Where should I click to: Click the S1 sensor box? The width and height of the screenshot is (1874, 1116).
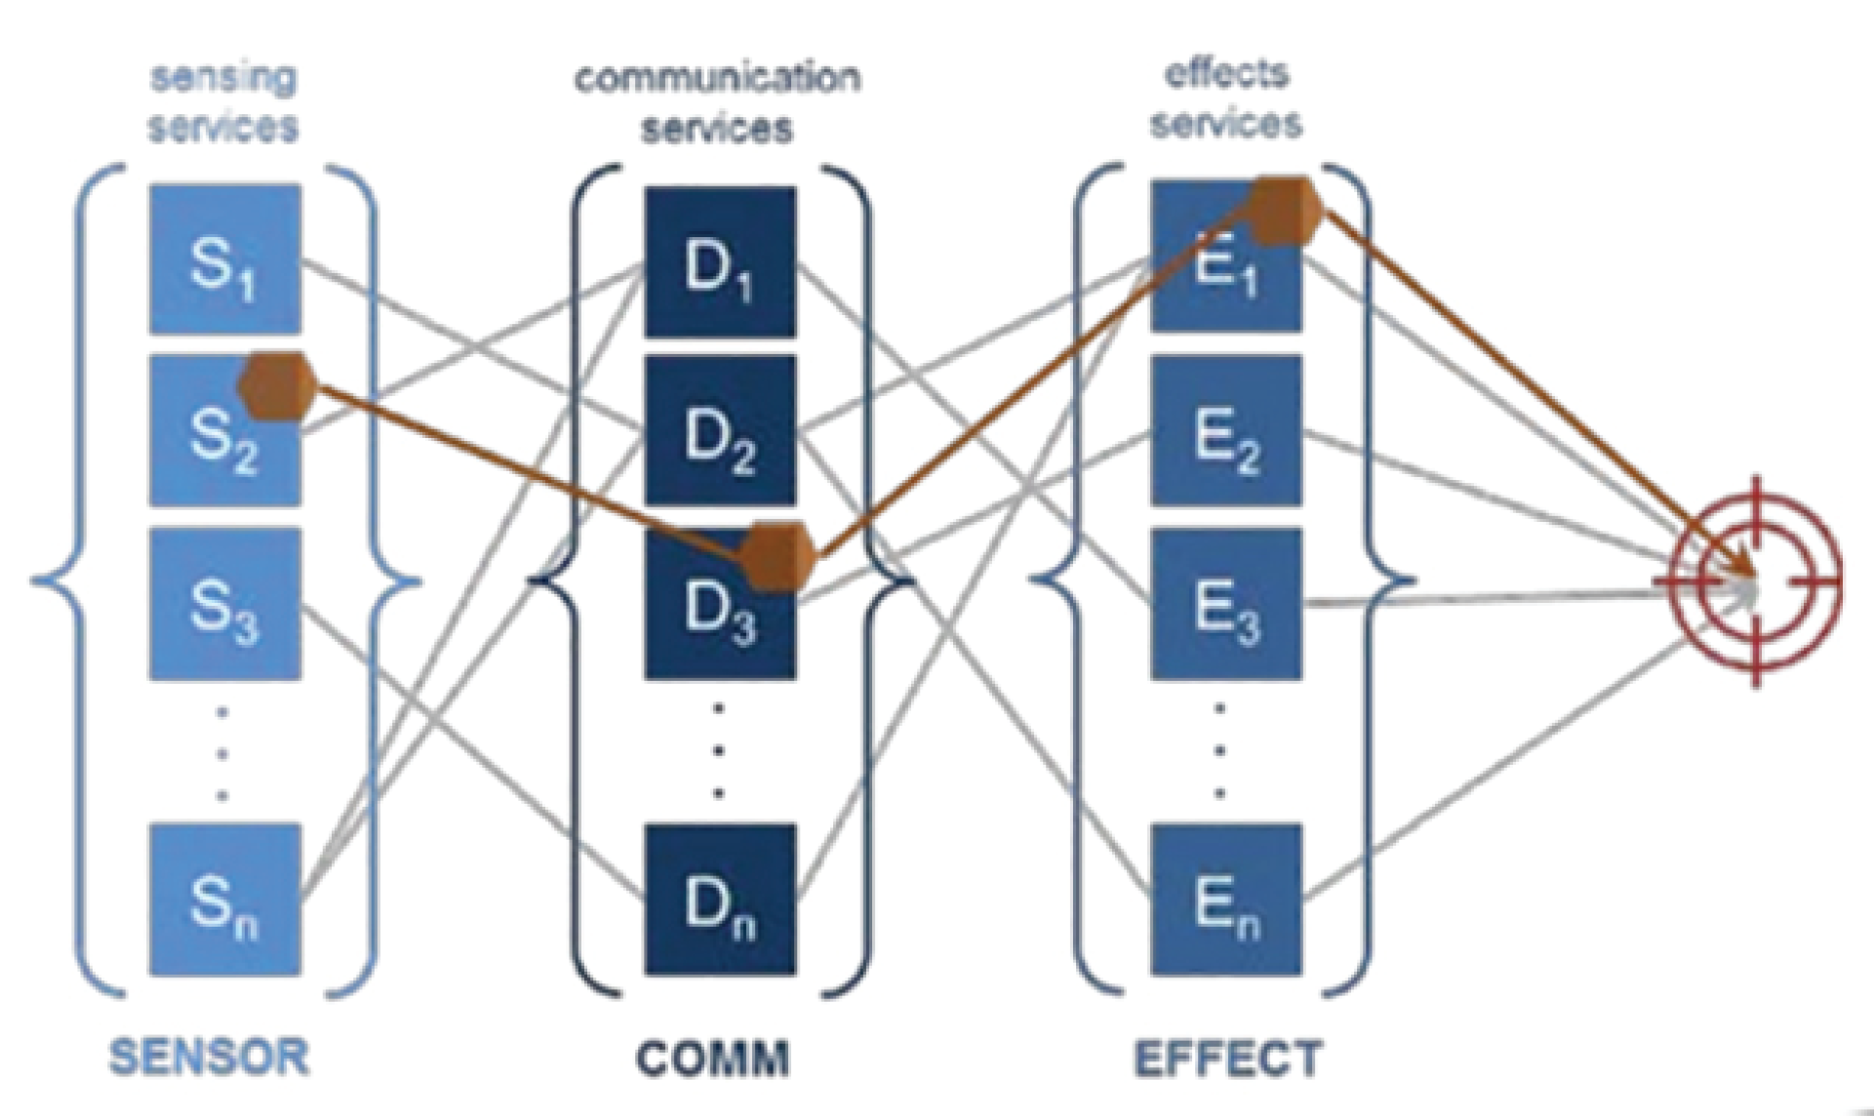click(x=224, y=259)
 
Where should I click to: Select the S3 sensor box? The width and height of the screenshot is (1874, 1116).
click(x=224, y=605)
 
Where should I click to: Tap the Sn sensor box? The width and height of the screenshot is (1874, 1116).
click(x=224, y=900)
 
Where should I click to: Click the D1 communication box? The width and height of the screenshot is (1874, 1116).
click(x=720, y=261)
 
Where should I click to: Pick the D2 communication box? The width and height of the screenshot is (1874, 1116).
click(x=720, y=432)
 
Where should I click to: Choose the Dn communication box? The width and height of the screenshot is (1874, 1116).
click(x=720, y=900)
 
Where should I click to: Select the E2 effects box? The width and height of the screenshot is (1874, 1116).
click(x=1226, y=432)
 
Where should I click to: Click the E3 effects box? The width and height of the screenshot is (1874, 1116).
click(x=1226, y=605)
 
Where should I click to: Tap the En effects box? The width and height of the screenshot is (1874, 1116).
click(x=1226, y=900)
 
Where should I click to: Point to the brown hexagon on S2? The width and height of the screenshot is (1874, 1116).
click(x=278, y=386)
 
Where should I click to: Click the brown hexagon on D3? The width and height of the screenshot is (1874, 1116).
click(x=777, y=556)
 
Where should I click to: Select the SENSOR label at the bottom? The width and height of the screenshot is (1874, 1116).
click(x=209, y=1057)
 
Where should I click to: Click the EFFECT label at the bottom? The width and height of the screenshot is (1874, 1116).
click(x=1228, y=1057)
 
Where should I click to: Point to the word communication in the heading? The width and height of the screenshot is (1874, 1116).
click(x=717, y=77)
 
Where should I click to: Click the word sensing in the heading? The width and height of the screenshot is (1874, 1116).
click(x=223, y=77)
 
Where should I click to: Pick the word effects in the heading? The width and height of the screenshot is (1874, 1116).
click(x=1226, y=73)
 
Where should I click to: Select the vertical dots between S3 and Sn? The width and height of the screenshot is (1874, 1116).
click(x=223, y=753)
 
